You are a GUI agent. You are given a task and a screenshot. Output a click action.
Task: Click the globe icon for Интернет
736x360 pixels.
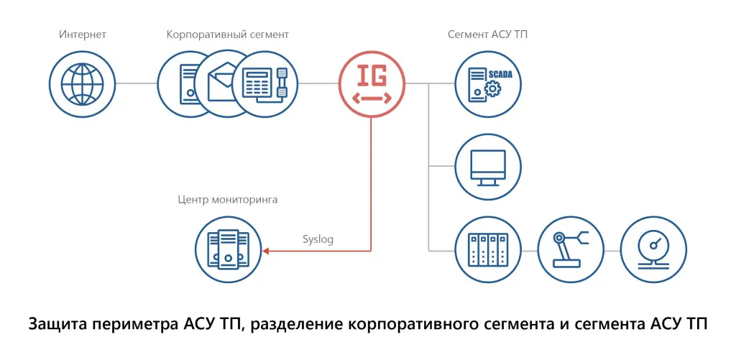pos(81,83)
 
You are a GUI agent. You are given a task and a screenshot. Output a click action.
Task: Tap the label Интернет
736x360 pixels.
pos(81,34)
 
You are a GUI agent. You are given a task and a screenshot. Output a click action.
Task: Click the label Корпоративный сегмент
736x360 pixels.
pos(228,34)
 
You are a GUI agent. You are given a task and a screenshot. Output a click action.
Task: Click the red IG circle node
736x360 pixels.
pos(372,83)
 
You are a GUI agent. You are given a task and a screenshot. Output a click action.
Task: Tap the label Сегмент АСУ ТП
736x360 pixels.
pos(492,34)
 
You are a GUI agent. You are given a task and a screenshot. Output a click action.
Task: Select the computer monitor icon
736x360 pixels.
pos(487,166)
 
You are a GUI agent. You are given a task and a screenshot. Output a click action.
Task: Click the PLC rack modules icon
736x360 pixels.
pos(487,249)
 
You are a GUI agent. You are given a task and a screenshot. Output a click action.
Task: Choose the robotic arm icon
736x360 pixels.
pos(569,249)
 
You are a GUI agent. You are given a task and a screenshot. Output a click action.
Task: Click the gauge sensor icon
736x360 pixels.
pos(651,249)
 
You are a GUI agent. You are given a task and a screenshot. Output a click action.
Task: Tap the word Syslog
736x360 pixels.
pos(318,239)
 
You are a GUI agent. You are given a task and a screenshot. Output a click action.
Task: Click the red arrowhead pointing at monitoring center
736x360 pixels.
pos(266,250)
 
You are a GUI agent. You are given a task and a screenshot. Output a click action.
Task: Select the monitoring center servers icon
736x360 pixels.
pos(227,248)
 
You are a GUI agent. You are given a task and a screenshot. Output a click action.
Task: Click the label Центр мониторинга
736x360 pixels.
pos(227,199)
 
